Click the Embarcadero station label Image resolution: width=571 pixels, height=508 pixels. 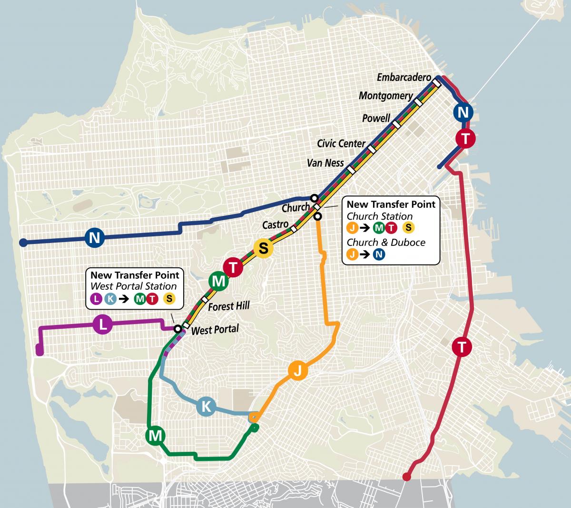[404, 77]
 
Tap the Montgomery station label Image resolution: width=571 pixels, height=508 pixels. [386, 96]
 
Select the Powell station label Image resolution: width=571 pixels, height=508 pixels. [376, 118]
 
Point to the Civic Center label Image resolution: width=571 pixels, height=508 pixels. [341, 143]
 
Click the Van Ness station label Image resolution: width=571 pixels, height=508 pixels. [325, 163]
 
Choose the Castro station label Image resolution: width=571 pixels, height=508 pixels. [276, 224]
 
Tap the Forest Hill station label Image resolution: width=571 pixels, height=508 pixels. [229, 306]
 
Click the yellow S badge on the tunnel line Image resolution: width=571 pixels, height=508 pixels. [263, 248]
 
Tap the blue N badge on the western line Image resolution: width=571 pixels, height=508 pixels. [95, 237]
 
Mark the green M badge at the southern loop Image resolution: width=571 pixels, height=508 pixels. [156, 436]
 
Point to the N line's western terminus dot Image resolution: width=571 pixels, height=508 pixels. [22, 243]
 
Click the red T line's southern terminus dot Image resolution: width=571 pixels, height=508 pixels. [406, 477]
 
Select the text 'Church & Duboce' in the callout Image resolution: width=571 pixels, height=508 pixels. [386, 242]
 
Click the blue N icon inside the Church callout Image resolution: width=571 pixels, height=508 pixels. [378, 254]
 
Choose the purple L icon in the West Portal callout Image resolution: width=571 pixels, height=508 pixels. [96, 299]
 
